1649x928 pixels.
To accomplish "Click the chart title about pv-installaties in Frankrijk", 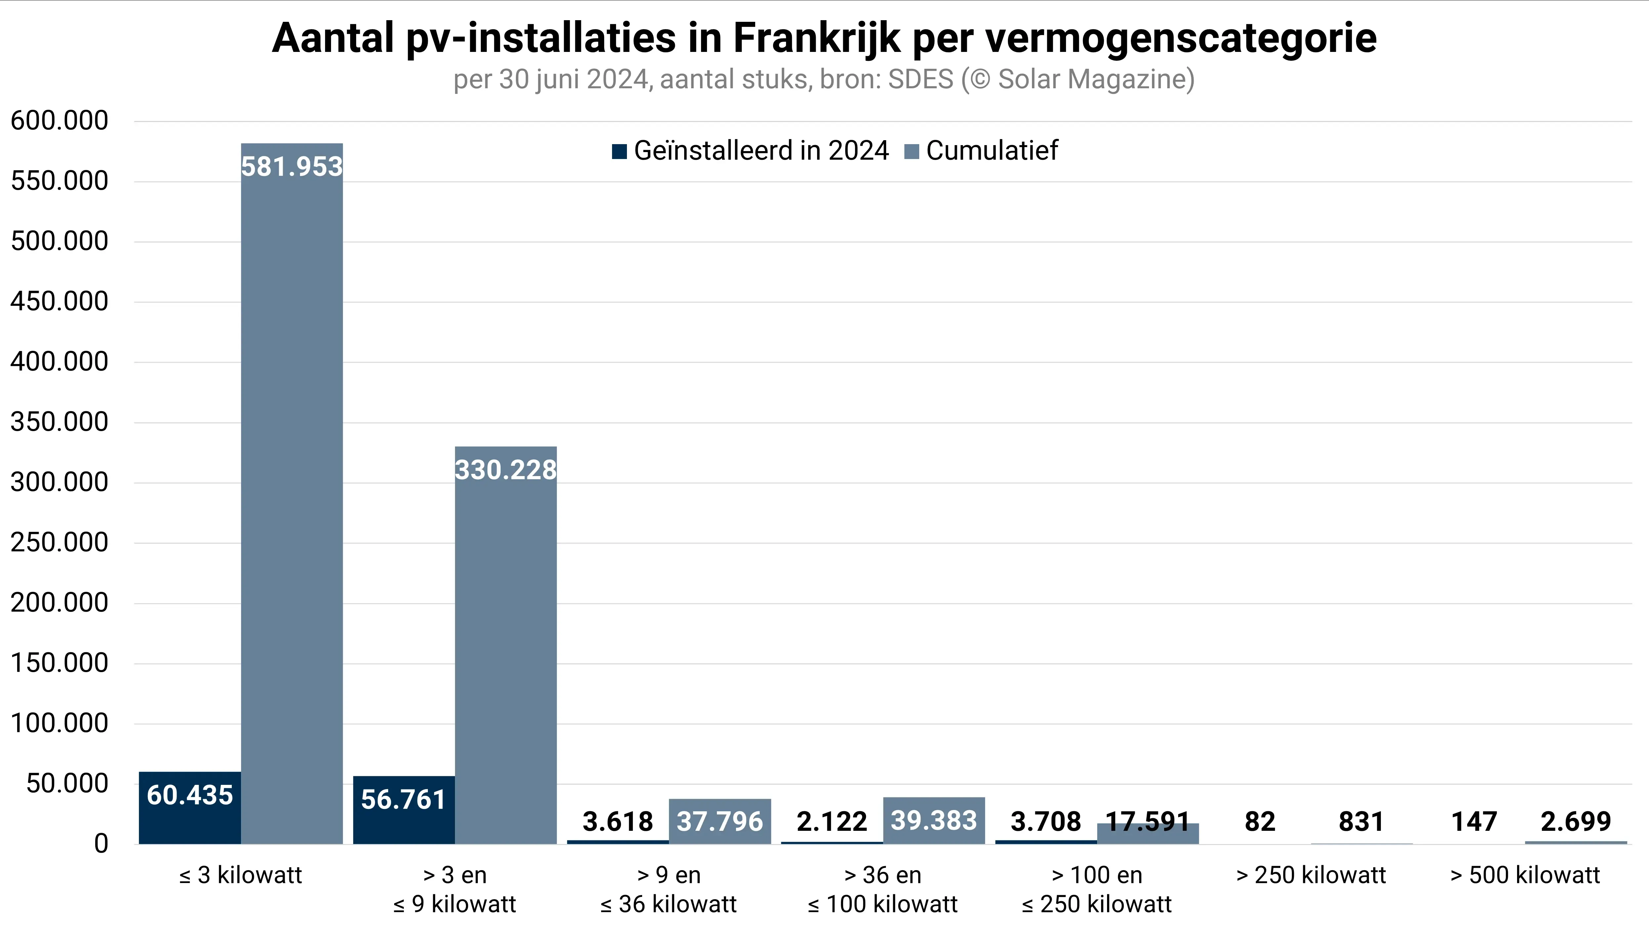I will point(824,38).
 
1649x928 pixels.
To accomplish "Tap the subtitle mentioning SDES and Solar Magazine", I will point(824,79).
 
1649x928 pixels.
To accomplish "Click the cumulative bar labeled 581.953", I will point(292,493).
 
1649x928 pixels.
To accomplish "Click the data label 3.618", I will point(618,821).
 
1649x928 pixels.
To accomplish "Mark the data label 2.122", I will point(832,821).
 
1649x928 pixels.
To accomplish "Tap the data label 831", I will point(1361,821).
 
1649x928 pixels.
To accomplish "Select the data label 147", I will point(1474,821).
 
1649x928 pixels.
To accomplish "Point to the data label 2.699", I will point(1575,821).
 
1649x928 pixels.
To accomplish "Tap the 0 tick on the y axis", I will point(101,843).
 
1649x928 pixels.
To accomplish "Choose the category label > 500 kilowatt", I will point(1525,875).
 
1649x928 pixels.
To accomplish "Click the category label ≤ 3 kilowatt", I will point(241,875).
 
